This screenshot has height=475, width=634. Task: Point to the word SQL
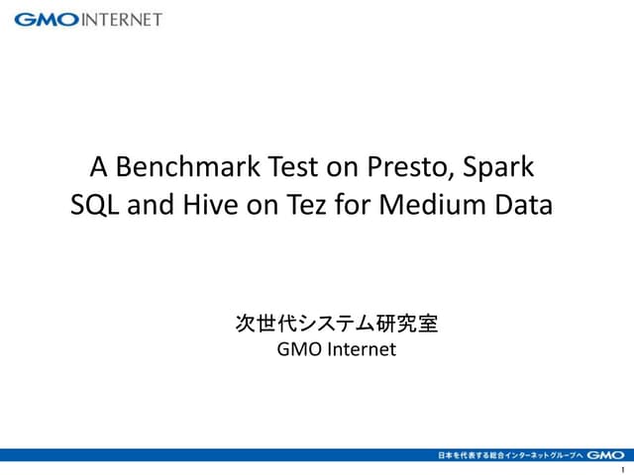pos(95,206)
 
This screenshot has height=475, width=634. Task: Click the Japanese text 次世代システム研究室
pos(336,323)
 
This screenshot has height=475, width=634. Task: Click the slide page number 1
pos(621,468)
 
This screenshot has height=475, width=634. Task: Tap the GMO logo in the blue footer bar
pos(605,455)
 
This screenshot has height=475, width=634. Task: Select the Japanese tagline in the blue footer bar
pos(510,455)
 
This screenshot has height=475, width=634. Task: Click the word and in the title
pos(151,206)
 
